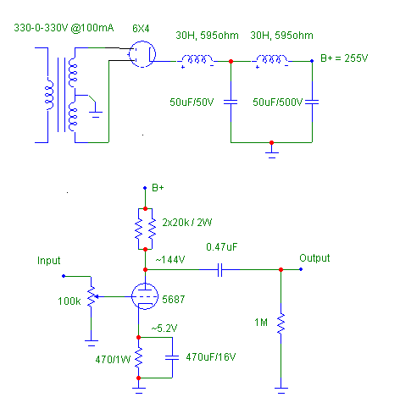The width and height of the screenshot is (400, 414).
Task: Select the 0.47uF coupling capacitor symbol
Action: click(x=220, y=270)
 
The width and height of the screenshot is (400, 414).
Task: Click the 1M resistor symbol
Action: click(x=281, y=324)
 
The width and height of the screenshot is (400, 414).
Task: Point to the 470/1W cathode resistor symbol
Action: click(x=138, y=357)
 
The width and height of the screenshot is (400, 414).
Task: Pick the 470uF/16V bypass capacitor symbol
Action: click(x=172, y=357)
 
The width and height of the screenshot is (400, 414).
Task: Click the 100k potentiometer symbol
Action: click(x=92, y=296)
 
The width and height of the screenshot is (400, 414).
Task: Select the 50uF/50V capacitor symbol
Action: click(x=231, y=102)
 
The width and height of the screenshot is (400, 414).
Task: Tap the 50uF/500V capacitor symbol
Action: click(x=312, y=102)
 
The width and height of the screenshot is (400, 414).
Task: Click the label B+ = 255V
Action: click(x=344, y=58)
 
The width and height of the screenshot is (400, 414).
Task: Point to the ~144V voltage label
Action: click(x=170, y=259)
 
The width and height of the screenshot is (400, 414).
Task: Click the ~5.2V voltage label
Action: click(x=164, y=328)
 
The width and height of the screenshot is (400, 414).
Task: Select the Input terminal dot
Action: click(x=64, y=276)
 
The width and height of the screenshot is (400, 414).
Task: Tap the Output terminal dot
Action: click(x=301, y=269)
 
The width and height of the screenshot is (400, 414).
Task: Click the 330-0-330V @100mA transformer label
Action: click(x=64, y=28)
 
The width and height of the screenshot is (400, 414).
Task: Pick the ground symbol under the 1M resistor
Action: click(x=281, y=390)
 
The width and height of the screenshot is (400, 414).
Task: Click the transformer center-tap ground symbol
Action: click(x=96, y=114)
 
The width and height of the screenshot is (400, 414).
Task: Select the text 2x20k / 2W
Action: click(x=187, y=223)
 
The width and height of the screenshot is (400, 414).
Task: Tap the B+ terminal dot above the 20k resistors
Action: click(x=145, y=188)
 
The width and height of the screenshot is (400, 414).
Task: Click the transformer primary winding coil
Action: click(x=50, y=95)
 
